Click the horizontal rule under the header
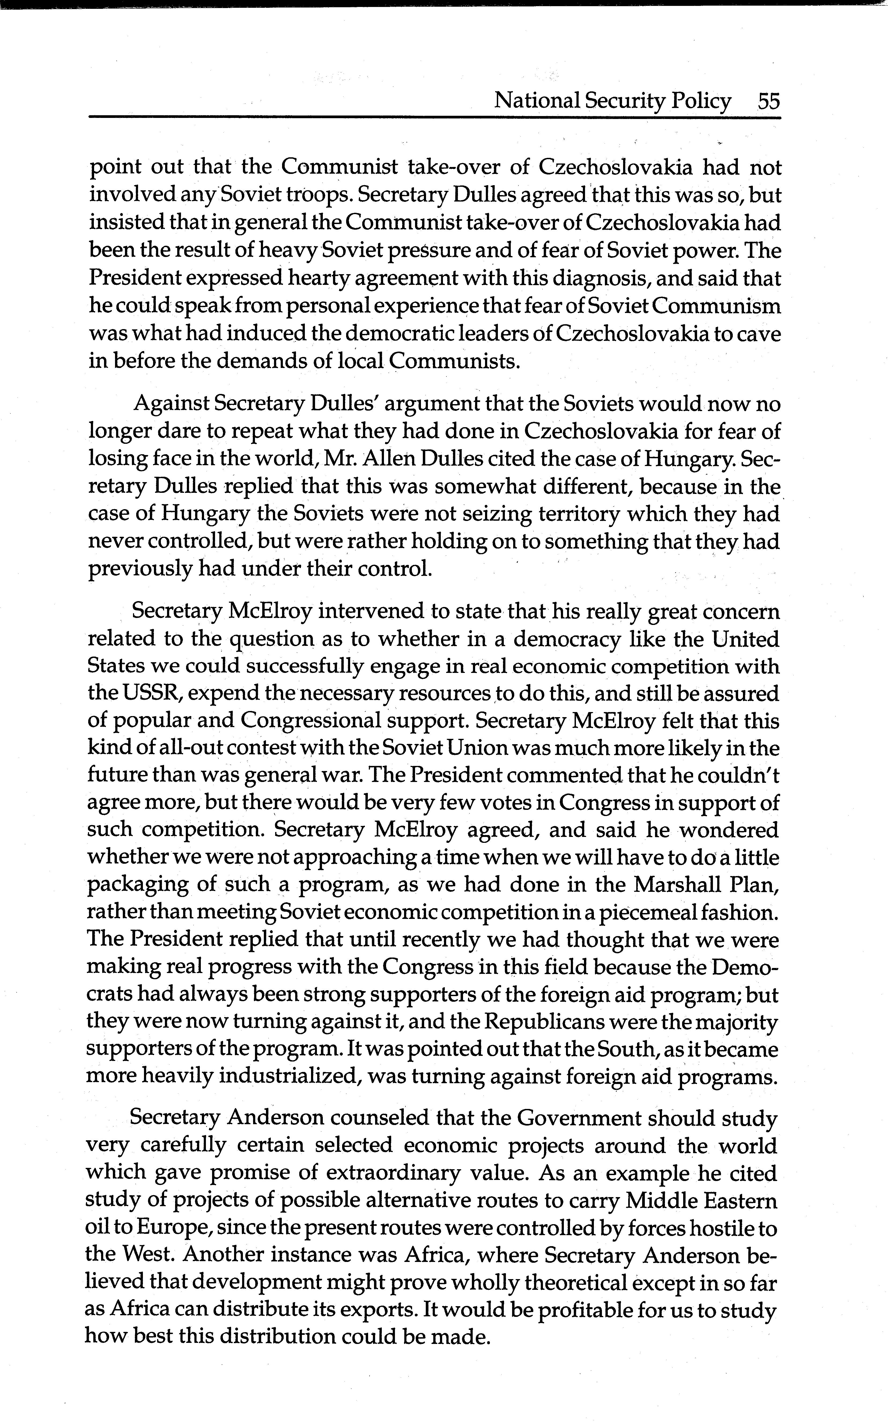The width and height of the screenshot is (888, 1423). tap(435, 117)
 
